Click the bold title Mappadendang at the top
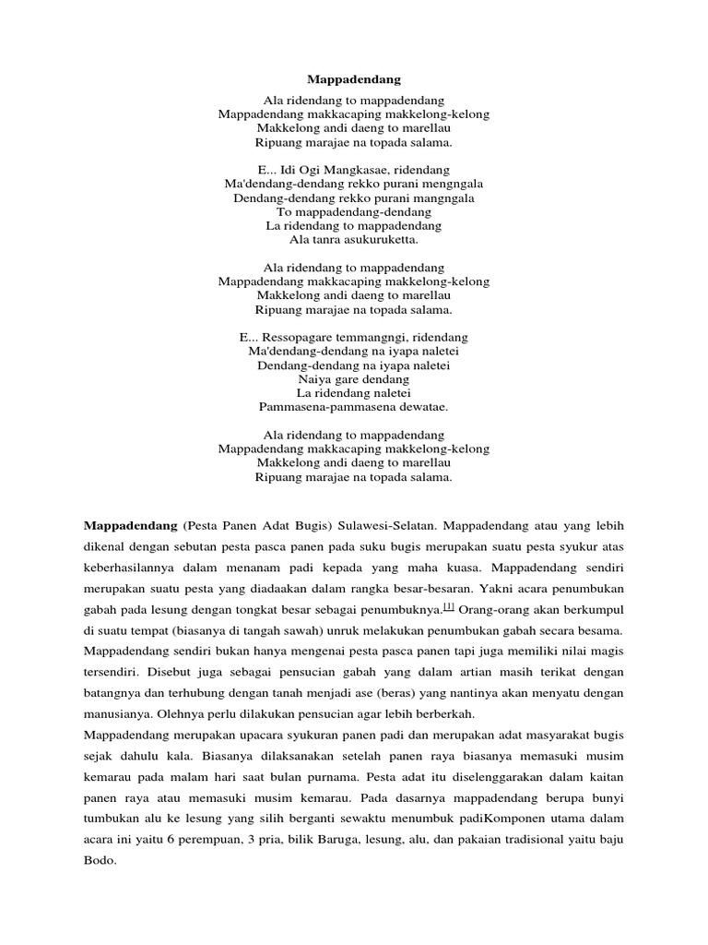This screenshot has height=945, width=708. (354, 80)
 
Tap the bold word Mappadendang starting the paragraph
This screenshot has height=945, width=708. (130, 525)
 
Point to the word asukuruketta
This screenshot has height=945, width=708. (374, 240)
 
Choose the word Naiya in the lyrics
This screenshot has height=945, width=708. (314, 379)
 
